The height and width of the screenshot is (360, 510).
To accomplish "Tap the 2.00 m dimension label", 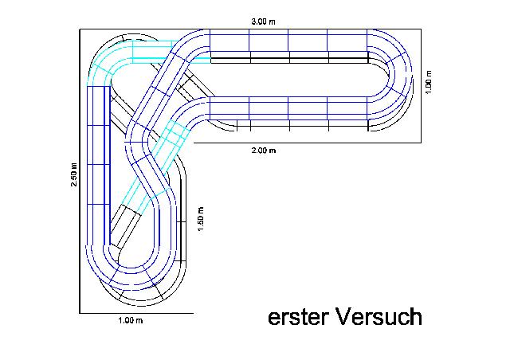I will pyautogui.click(x=263, y=150).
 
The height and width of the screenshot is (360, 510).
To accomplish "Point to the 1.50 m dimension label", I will pyautogui.click(x=201, y=219).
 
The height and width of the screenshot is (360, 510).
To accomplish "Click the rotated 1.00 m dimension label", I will pyautogui.click(x=429, y=82).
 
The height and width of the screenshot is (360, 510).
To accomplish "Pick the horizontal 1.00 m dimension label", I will pyautogui.click(x=129, y=320).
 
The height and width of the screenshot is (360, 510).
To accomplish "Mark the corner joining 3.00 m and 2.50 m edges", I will pyautogui.click(x=79, y=29).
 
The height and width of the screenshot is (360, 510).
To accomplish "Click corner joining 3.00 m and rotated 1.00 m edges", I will pyautogui.click(x=420, y=29).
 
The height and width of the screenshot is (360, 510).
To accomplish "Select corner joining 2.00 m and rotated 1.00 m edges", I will pyautogui.click(x=420, y=143).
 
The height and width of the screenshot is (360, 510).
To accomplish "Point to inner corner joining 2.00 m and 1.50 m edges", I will pyautogui.click(x=194, y=143).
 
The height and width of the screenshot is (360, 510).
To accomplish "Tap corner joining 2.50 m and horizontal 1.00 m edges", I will pyautogui.click(x=79, y=312).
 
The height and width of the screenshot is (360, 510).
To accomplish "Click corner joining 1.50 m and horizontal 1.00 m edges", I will pyautogui.click(x=194, y=312).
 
